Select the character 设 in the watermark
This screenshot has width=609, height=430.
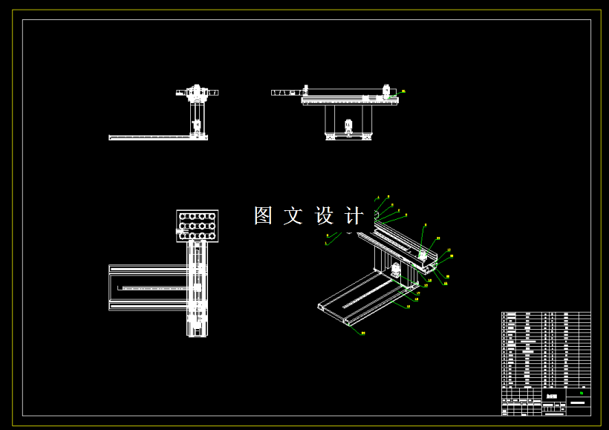325,216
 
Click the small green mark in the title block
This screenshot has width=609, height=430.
580,394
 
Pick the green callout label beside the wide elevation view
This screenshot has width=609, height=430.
403,91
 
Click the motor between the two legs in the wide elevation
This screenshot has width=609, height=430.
348,126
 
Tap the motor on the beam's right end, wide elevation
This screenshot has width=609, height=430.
386,92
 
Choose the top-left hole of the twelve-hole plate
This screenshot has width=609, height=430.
183,217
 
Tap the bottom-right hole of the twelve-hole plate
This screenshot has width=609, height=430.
212,235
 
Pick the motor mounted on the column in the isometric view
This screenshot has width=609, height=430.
397,271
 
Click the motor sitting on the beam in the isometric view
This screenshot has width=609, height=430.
423,254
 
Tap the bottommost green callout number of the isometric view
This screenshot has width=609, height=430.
363,333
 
